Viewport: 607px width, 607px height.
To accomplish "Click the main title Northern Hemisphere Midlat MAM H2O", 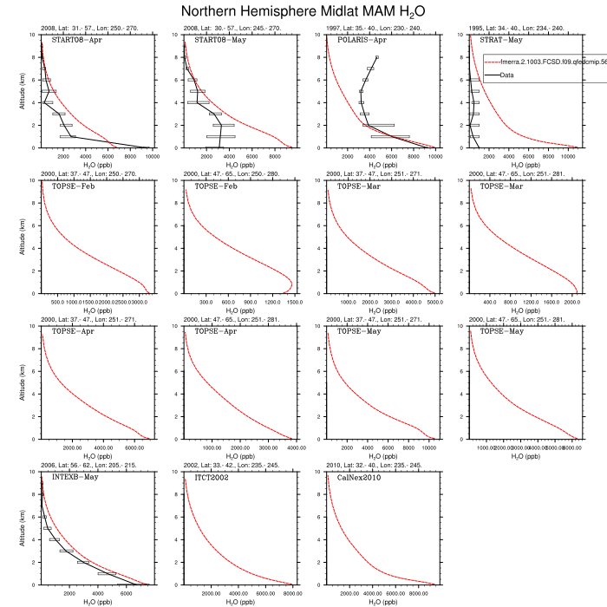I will tap(303, 11).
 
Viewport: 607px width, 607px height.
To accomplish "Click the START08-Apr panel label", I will tap(74, 41).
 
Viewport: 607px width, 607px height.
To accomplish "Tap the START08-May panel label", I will tap(217, 41).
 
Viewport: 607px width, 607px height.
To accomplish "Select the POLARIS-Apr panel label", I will tap(361, 41).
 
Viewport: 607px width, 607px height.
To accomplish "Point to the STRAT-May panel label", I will tap(501, 41).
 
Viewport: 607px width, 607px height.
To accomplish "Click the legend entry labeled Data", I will tap(508, 75).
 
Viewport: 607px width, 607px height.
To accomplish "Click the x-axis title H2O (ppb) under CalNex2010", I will tap(382, 602).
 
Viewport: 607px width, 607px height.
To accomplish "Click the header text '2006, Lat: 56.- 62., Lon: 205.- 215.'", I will tap(95, 466).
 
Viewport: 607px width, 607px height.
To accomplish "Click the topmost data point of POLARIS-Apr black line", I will tap(376, 57).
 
